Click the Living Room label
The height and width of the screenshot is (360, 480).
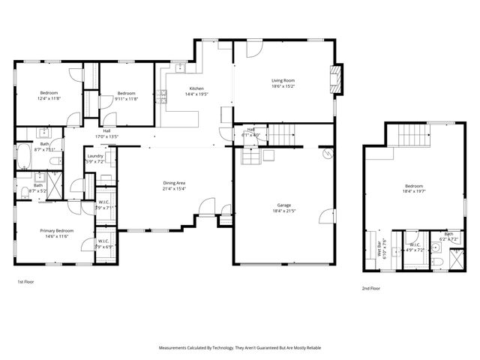coord(283,80)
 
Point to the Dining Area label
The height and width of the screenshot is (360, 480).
coord(174,183)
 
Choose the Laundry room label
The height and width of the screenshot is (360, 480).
coord(95,156)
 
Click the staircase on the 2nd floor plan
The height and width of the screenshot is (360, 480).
coord(410,136)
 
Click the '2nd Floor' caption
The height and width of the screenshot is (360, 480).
coord(370,287)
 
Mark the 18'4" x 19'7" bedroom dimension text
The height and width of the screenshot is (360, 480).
coord(414,190)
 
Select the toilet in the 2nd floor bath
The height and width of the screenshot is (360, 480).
coord(442,261)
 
